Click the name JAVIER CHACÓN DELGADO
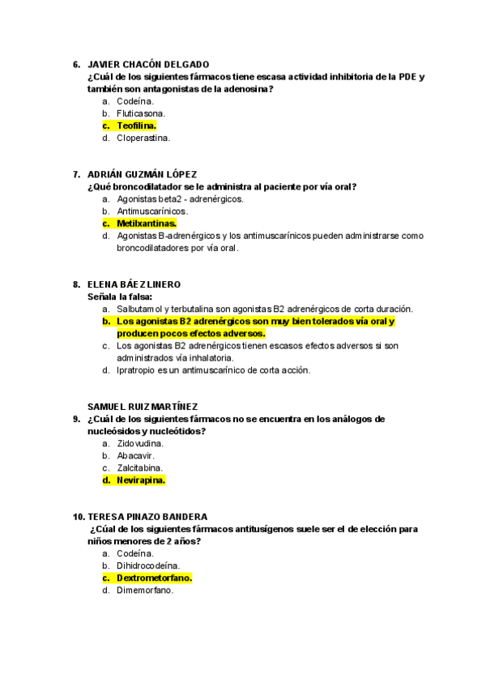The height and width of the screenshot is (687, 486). tap(147, 64)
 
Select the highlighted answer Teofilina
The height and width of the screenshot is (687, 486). tap(136, 126)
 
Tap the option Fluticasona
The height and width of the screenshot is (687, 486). tap(140, 113)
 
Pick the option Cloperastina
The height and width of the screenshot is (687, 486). tap(143, 138)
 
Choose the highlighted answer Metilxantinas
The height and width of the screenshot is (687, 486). tap(146, 223)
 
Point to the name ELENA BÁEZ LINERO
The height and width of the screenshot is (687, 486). tap(134, 284)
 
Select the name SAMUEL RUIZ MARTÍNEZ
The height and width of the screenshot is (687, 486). tap(143, 407)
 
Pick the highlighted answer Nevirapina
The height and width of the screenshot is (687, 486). tap(140, 480)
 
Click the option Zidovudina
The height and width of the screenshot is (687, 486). tap(140, 443)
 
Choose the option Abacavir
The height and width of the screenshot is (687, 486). tap(135, 455)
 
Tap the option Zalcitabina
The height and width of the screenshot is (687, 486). tap(139, 467)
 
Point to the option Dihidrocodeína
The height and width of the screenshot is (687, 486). tap(148, 565)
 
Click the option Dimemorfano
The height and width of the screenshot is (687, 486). tap(145, 591)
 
